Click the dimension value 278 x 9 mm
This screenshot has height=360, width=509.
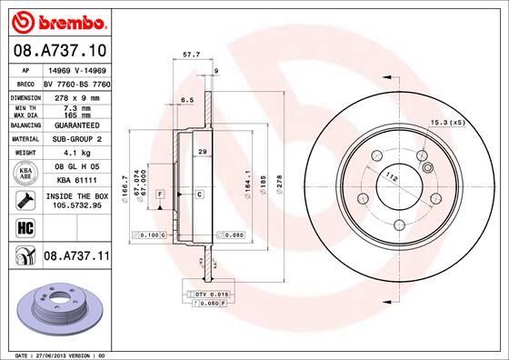click(71, 96)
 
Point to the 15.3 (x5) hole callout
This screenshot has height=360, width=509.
click(448, 123)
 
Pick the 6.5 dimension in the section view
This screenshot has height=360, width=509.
click(188, 99)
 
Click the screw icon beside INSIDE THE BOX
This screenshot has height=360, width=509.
click(22, 201)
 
